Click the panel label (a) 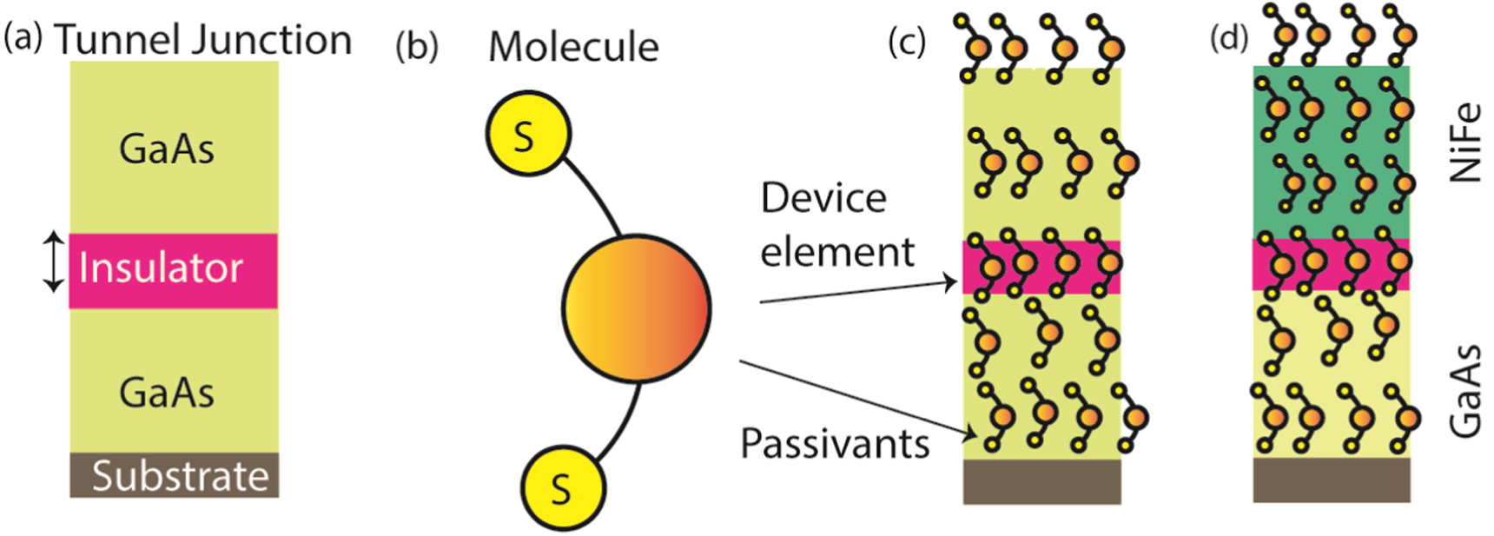pyautogui.click(x=23, y=38)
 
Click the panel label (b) pyautogui.click(x=416, y=46)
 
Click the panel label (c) pyautogui.click(x=907, y=41)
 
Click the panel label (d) pyautogui.click(x=1228, y=37)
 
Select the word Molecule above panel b pyautogui.click(x=573, y=47)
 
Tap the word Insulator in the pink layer pyautogui.click(x=161, y=268)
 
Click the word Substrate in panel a pyautogui.click(x=180, y=476)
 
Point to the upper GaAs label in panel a pyautogui.click(x=167, y=149)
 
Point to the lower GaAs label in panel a pyautogui.click(x=167, y=393)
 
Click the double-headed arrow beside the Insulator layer pyautogui.click(x=54, y=261)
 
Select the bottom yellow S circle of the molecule pyautogui.click(x=562, y=488)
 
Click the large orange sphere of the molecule pyautogui.click(x=637, y=308)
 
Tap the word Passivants pyautogui.click(x=834, y=444)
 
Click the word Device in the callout pyautogui.click(x=823, y=198)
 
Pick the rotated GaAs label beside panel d pyautogui.click(x=1465, y=390)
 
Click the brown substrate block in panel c pyautogui.click(x=1041, y=481)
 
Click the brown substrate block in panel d pyautogui.click(x=1331, y=480)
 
